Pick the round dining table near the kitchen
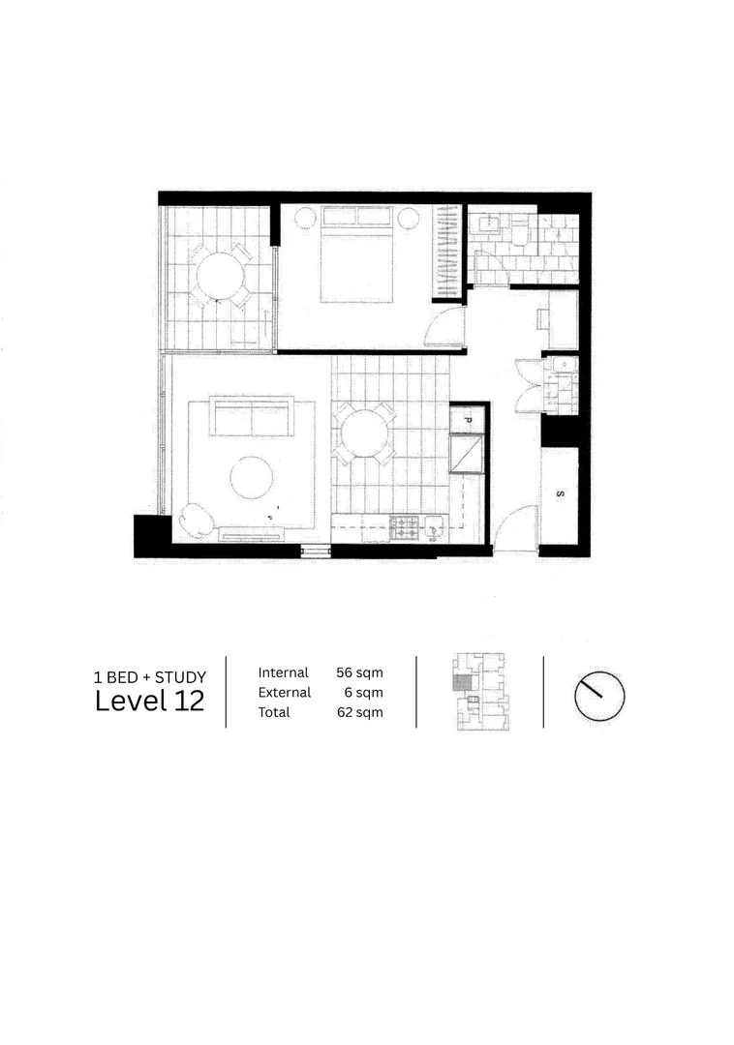[363, 433]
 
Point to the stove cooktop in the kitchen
[404, 527]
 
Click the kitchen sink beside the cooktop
[435, 527]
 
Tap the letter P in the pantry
[466, 421]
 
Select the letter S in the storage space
[559, 494]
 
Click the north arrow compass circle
[599, 693]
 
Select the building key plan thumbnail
[479, 692]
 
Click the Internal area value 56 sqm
[359, 672]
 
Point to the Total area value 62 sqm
[359, 712]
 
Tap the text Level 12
[149, 702]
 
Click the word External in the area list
[284, 693]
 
